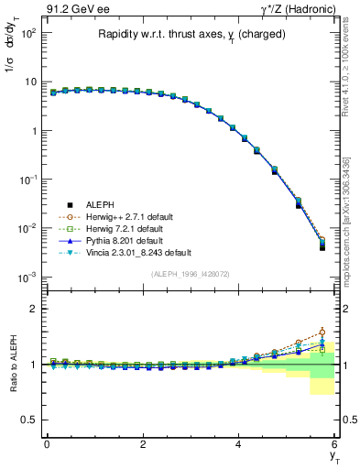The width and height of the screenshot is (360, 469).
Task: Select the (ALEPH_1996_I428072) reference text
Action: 191,274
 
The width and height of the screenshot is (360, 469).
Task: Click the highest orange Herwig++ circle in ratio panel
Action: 322,332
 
